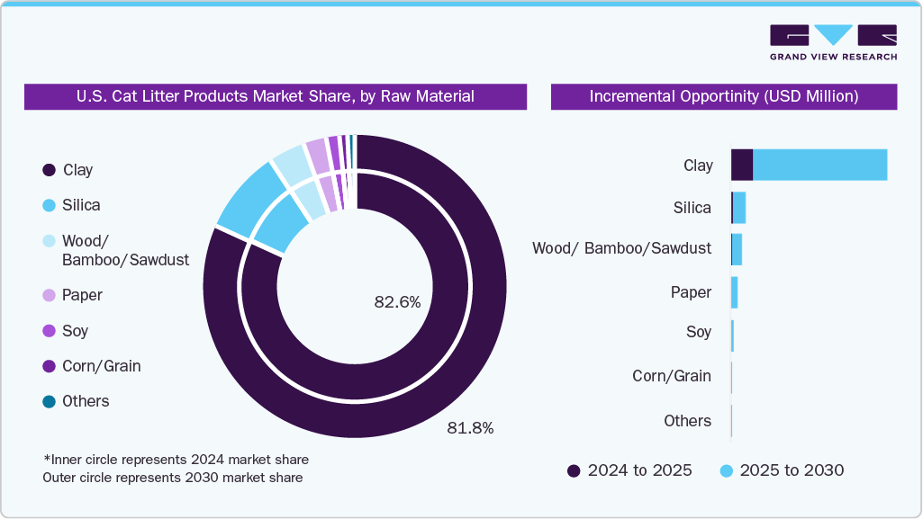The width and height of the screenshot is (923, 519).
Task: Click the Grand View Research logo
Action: click(x=833, y=42)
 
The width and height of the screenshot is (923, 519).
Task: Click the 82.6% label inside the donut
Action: click(x=397, y=303)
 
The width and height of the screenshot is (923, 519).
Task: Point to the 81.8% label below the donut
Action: click(x=470, y=428)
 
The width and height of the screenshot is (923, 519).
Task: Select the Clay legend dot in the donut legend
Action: click(x=49, y=170)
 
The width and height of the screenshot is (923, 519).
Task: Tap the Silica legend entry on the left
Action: click(x=72, y=205)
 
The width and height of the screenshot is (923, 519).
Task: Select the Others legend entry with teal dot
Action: click(x=76, y=401)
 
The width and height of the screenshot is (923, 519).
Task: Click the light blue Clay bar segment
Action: click(x=819, y=166)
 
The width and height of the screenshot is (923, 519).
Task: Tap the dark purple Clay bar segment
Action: click(x=741, y=166)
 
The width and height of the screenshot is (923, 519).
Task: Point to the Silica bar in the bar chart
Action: click(x=738, y=208)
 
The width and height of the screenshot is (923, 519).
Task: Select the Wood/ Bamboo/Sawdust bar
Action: click(x=737, y=249)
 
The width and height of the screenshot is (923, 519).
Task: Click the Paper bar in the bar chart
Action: click(x=734, y=292)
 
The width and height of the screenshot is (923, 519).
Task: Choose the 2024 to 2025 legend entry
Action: click(x=629, y=470)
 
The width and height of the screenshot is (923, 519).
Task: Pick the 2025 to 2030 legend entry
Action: click(x=782, y=470)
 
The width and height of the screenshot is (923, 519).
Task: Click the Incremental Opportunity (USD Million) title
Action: click(x=723, y=96)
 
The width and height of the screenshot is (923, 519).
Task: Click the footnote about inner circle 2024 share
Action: click(x=176, y=460)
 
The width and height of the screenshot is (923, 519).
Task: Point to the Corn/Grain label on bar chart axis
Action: click(x=671, y=376)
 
